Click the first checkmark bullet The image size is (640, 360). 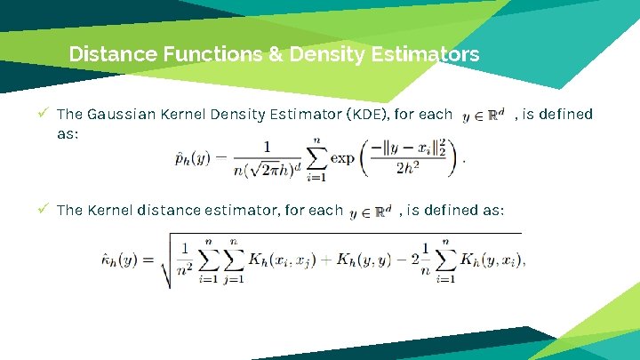coord(44,114)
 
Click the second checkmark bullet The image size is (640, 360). coord(44,210)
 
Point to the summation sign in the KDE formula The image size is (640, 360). coord(314,158)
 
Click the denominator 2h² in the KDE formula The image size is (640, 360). coord(409,170)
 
